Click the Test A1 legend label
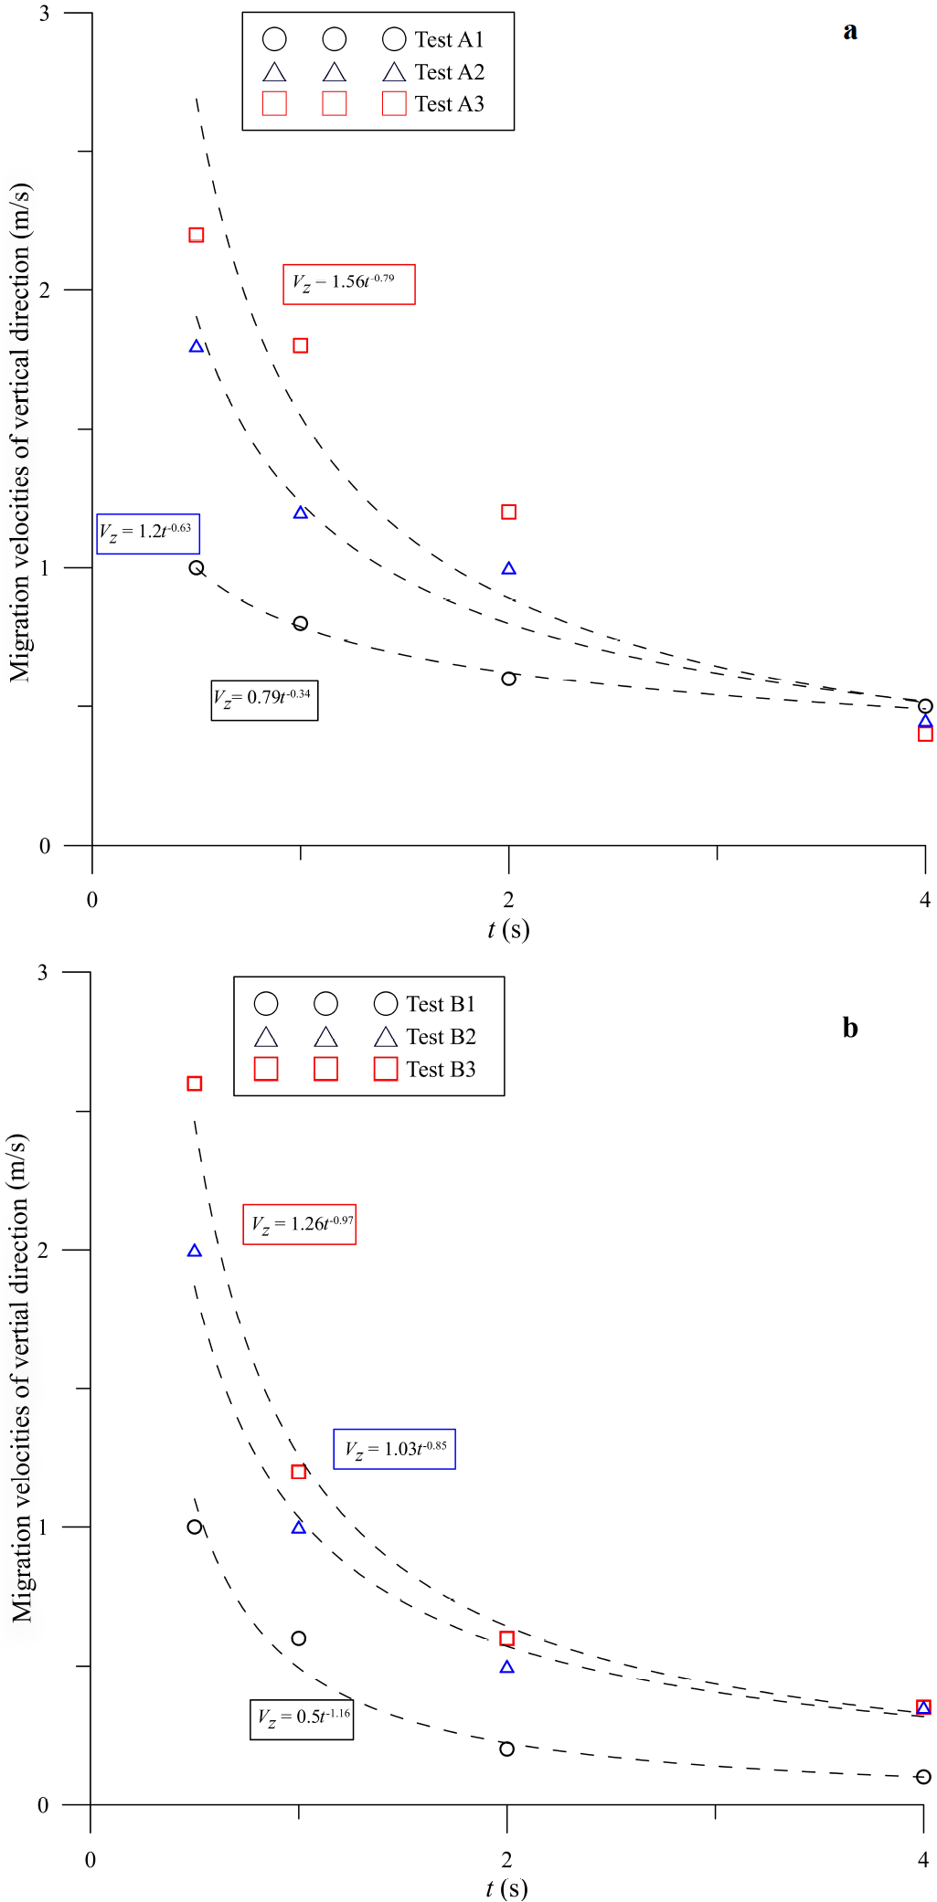coord(449,39)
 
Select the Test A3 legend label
coord(449,104)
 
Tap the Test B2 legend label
coord(441,1037)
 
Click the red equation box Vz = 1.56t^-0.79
coord(349,284)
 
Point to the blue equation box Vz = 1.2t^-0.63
coord(148,534)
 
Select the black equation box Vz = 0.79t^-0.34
coord(265,701)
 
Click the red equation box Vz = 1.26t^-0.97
coord(299,1224)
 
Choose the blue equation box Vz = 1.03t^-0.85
coord(394,1449)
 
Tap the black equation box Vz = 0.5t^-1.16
coord(302,1718)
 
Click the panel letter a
coord(850,31)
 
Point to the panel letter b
coord(850,1028)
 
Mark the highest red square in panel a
coord(196,235)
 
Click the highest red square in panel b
coord(194,1083)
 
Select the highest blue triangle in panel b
coord(194,1251)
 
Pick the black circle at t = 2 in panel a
coord(508,679)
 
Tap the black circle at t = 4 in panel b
coord(923,1777)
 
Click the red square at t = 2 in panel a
coord(508,512)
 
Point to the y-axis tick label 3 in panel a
coord(44,14)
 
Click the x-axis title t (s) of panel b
coord(506,1888)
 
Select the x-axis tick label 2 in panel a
coord(508,900)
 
